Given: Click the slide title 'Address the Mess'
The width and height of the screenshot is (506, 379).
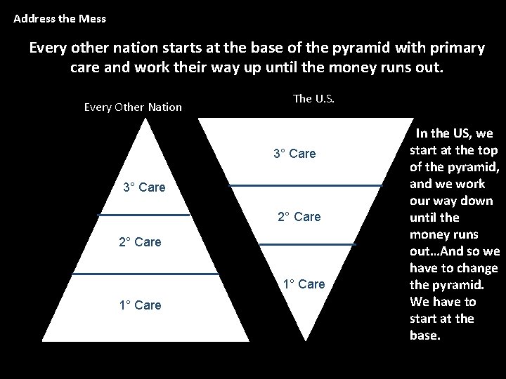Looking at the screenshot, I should [60, 19].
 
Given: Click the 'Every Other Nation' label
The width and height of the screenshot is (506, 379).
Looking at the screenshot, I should [133, 107].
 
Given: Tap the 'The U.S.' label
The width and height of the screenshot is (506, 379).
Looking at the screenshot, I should [313, 98].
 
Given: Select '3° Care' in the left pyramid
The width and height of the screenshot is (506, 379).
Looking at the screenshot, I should [144, 187].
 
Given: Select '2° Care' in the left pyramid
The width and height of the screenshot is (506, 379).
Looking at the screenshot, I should [140, 242].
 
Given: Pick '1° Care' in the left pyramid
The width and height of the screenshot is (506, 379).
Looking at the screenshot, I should [140, 305].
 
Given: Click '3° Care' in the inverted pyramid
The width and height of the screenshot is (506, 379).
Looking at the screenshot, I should [294, 153].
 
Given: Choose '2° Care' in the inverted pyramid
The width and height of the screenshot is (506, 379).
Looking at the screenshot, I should [299, 216].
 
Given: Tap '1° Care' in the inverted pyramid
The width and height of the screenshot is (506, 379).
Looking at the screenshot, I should [304, 284].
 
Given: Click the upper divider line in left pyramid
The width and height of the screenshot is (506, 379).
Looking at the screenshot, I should [143, 214].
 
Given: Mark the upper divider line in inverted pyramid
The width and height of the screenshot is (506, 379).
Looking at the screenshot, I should [306, 186].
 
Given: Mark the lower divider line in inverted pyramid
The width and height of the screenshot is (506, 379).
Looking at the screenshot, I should [308, 244].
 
